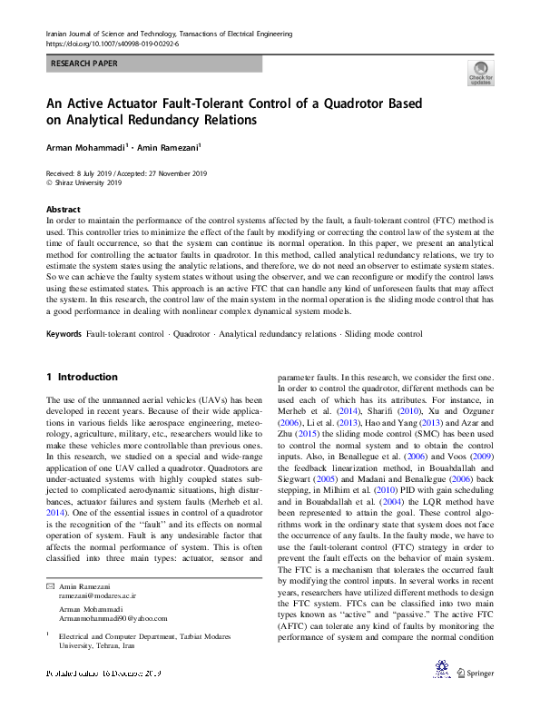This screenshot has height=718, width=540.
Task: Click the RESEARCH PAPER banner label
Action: [x=83, y=64]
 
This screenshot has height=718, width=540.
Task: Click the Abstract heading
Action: [x=63, y=209]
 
